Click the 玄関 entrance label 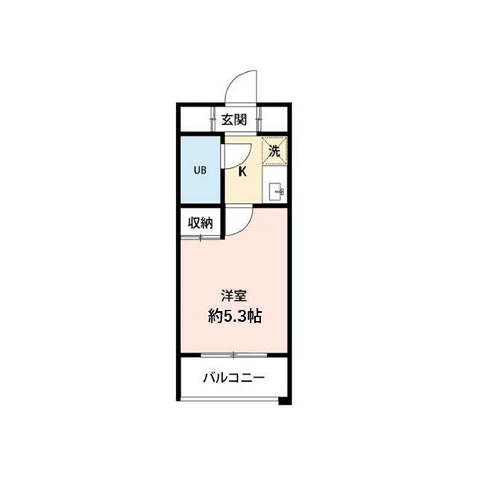pos(234,118)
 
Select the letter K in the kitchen pos(242,172)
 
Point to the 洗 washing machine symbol pos(274,150)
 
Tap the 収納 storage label pos(200,223)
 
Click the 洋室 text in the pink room pos(234,295)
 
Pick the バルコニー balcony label pos(233,378)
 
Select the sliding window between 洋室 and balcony pos(233,355)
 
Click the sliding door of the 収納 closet pos(201,238)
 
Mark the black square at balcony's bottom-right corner pos(284,401)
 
